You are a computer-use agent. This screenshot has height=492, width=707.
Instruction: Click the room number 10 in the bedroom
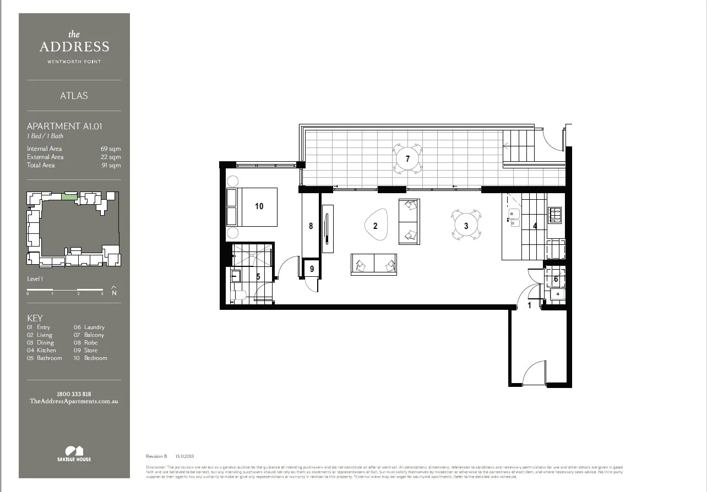coord(259,206)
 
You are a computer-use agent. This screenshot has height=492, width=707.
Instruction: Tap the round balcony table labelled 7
coord(407,158)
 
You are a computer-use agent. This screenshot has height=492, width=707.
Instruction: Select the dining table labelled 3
coord(466,226)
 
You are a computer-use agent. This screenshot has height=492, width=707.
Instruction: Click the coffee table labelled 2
coord(376,226)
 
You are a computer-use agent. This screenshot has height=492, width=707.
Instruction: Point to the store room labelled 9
coord(312,269)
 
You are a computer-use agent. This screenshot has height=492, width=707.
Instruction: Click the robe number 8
coord(311,226)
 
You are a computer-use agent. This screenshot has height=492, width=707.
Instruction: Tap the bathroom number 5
coord(258,277)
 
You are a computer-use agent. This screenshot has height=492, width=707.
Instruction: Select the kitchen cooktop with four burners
coord(554,215)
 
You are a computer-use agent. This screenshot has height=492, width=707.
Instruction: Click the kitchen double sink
coord(513,218)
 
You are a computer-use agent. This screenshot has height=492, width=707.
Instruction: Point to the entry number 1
coord(530,305)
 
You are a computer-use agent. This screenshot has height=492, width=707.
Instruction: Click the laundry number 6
coord(556,279)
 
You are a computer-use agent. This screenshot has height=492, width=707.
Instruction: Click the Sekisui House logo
coord(74,453)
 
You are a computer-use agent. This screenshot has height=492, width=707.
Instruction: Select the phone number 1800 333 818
coord(74,394)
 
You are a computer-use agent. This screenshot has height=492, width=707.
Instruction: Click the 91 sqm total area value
coord(115,165)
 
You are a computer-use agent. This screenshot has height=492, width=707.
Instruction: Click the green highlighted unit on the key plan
coord(69,196)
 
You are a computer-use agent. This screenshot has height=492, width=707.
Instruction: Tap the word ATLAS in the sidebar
coord(74,96)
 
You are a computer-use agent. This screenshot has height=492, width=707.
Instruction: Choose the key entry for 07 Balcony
coord(89,335)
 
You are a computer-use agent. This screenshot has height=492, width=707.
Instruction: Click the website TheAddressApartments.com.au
coord(74,402)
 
